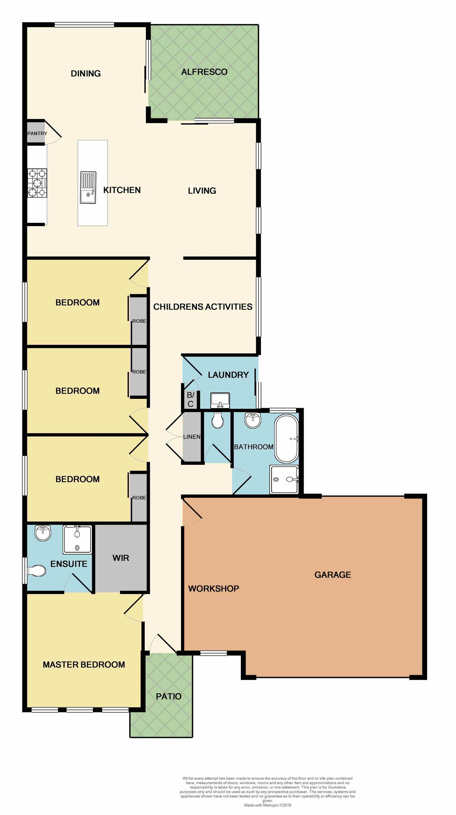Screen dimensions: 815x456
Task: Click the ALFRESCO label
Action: pyautogui.click(x=204, y=72)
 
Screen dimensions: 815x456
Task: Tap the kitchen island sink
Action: pyautogui.click(x=88, y=188)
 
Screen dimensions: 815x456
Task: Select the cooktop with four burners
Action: pyautogui.click(x=37, y=183)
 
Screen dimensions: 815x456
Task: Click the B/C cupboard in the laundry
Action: pyautogui.click(x=190, y=399)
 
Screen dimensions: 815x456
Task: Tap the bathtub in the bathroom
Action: pyautogui.click(x=286, y=439)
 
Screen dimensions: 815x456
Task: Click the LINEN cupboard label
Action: pyautogui.click(x=192, y=437)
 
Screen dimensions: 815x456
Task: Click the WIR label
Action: pyautogui.click(x=121, y=558)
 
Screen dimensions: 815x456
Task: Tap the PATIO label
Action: pyautogui.click(x=168, y=696)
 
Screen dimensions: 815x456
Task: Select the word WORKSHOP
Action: pyautogui.click(x=213, y=589)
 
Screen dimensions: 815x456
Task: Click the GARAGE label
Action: pyautogui.click(x=333, y=575)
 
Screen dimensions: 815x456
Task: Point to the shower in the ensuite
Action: pyautogui.click(x=77, y=540)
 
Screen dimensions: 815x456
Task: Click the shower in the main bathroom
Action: pyautogui.click(x=284, y=479)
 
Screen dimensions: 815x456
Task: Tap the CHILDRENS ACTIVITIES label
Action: pyautogui.click(x=203, y=307)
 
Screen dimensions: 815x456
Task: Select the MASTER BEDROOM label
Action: pyautogui.click(x=84, y=665)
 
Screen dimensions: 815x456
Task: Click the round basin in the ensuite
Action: pyautogui.click(x=43, y=533)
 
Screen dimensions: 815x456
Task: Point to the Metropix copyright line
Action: pyautogui.click(x=267, y=805)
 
